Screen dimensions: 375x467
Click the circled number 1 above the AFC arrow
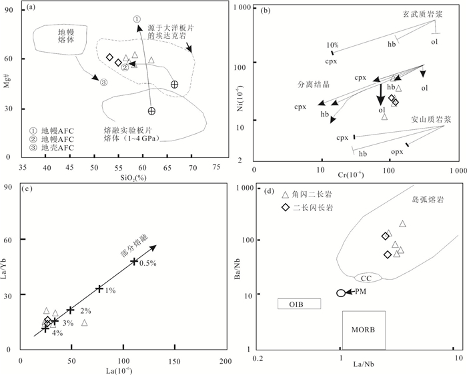137,19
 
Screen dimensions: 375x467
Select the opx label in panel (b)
397,153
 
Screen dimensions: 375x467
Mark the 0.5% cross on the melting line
134,261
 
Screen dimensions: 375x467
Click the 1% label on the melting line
110,290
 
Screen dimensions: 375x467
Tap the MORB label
363,330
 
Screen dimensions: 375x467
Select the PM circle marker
340,293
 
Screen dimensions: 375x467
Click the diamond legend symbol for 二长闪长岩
286,208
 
